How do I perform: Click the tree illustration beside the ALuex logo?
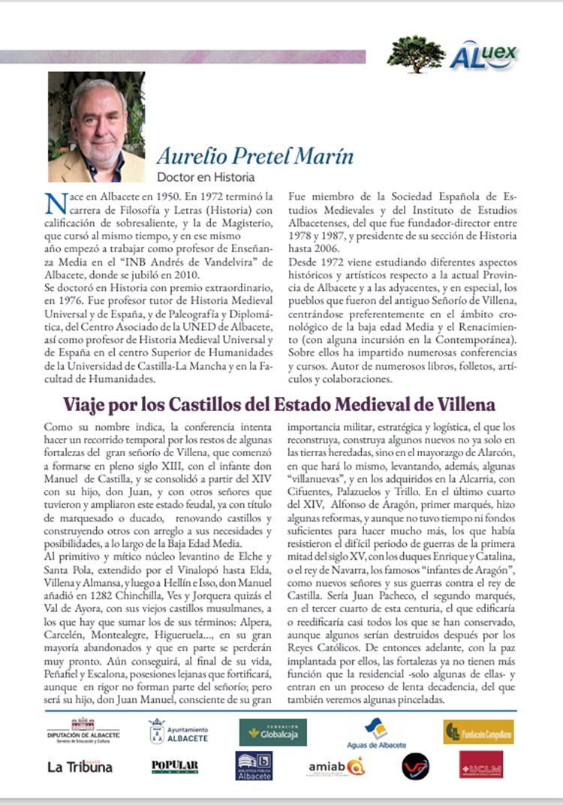(x=417, y=55)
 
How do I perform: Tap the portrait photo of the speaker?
(x=96, y=127)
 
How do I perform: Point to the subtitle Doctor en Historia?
(x=205, y=178)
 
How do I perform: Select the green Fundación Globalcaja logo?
(x=272, y=732)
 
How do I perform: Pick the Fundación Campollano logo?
(x=478, y=732)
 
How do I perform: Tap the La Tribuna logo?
(x=80, y=766)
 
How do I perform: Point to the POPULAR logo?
(x=175, y=766)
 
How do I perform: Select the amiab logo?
(x=336, y=767)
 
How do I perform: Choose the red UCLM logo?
(x=481, y=765)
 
